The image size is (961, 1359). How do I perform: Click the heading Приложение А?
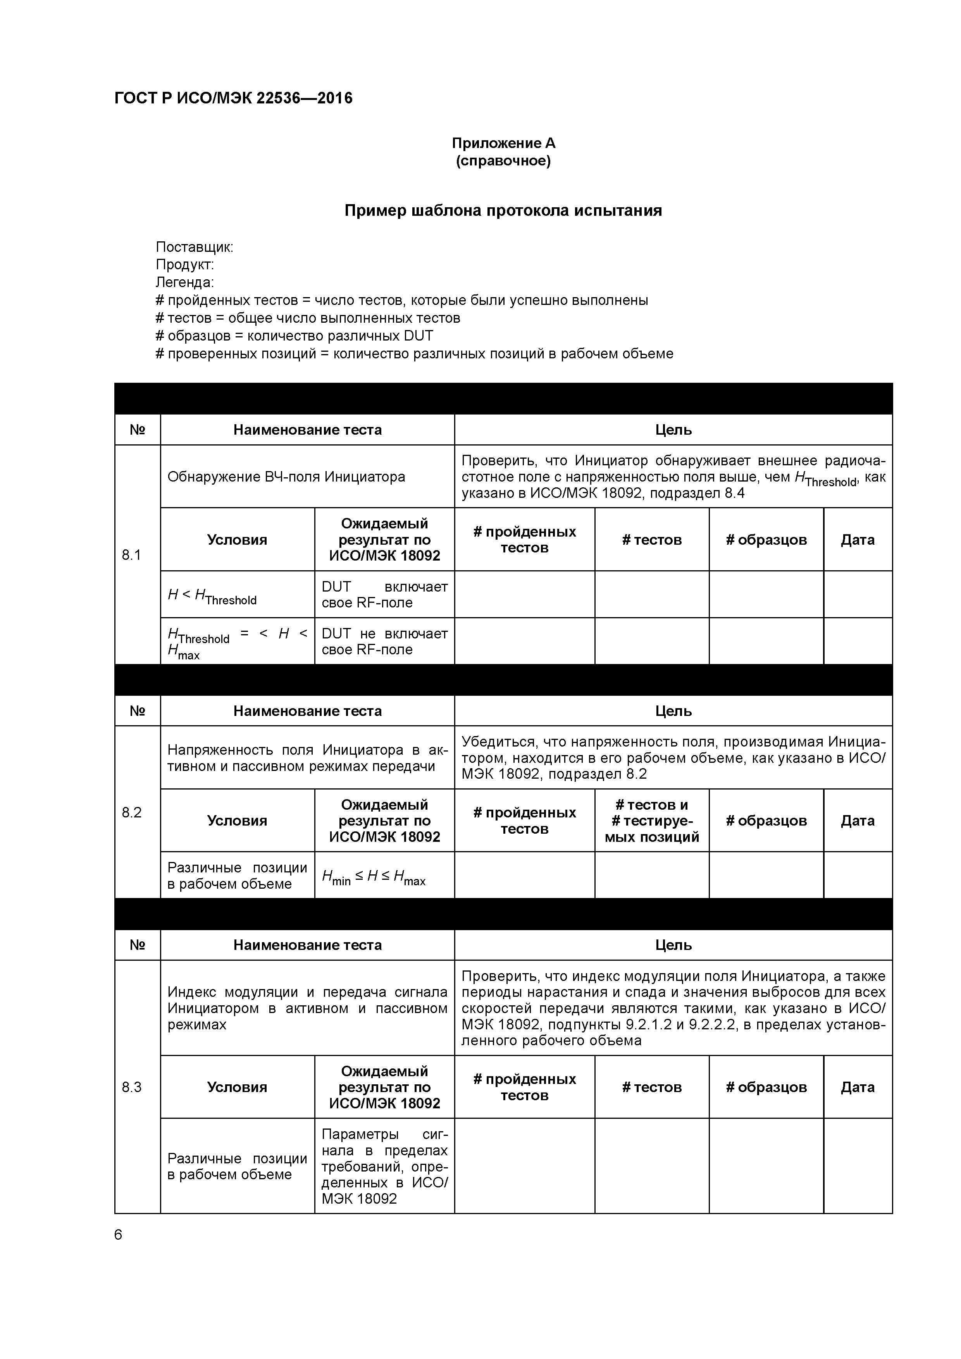(503, 143)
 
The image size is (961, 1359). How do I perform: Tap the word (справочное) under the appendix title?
(503, 161)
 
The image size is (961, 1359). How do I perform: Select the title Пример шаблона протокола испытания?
(503, 211)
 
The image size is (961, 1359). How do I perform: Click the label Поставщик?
(194, 247)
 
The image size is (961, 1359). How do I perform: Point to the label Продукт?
(185, 265)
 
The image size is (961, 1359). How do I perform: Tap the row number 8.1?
(131, 555)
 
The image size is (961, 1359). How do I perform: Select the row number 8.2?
(131, 812)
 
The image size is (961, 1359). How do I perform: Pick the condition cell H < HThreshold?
(212, 595)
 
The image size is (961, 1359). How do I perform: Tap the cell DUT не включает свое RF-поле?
(384, 642)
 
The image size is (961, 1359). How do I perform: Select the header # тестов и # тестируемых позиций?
(652, 821)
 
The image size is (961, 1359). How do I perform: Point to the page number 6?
(119, 1235)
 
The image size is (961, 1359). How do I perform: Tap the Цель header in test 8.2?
(673, 711)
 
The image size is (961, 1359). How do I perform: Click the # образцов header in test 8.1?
(766, 540)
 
